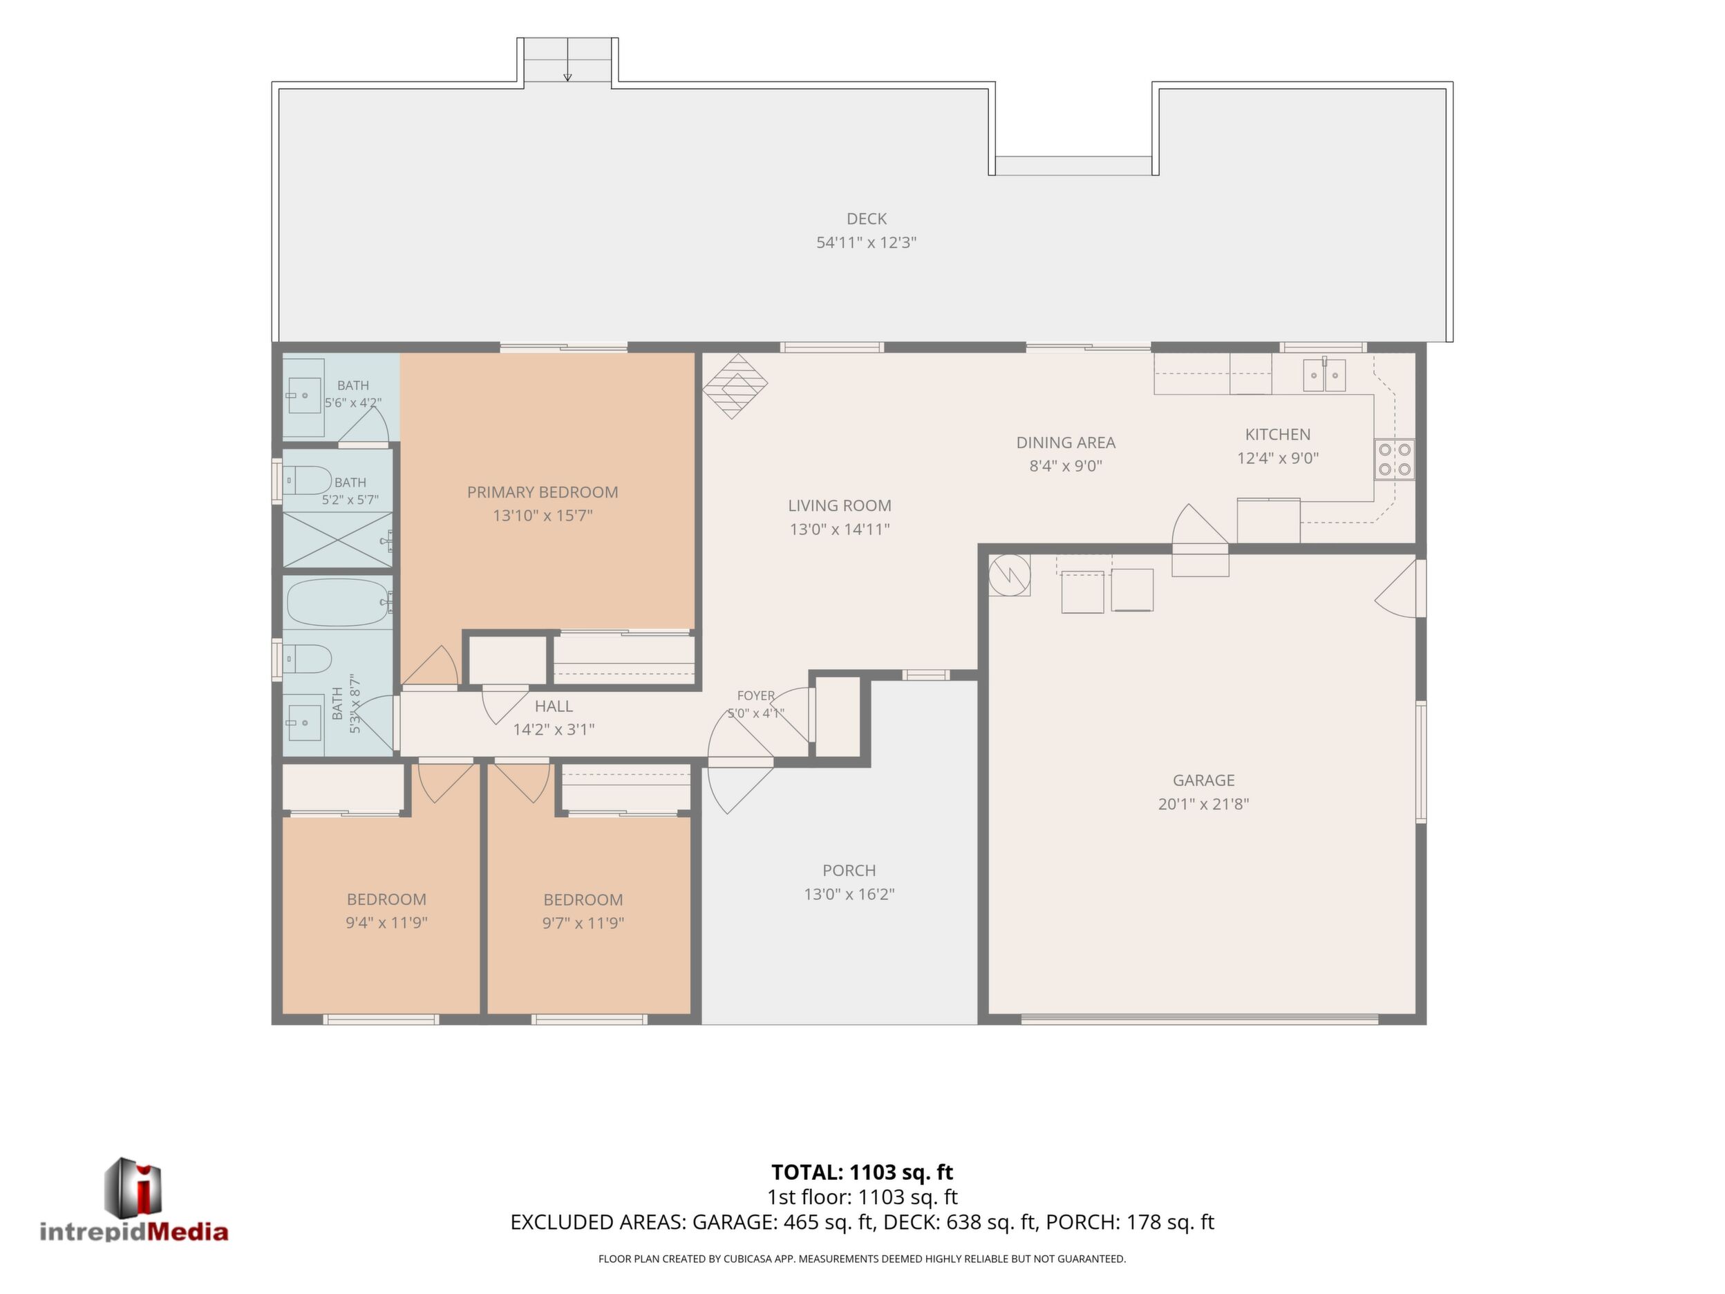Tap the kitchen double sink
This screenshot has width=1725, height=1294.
[x=1324, y=375]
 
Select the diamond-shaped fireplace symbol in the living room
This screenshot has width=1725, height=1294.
[x=735, y=386]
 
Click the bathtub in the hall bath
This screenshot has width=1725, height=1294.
[x=338, y=602]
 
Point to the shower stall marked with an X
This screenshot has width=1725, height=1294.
[x=338, y=539]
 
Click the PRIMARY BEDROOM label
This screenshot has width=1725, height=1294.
[x=543, y=492]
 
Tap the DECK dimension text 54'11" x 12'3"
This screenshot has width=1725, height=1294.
[x=867, y=243]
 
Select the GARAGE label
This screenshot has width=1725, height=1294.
[x=1203, y=780]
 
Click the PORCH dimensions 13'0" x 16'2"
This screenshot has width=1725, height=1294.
[x=849, y=894]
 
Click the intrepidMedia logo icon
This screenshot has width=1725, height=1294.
[x=133, y=1187]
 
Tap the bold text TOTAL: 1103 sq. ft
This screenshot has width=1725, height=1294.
[x=862, y=1172]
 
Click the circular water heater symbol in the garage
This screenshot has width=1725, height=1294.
[x=1009, y=576]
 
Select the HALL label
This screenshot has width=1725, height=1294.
[x=554, y=706]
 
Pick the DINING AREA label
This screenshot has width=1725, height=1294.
[x=1065, y=442]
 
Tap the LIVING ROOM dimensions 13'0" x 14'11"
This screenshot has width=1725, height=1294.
[x=840, y=529]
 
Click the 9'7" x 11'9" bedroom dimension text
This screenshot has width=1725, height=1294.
[x=583, y=923]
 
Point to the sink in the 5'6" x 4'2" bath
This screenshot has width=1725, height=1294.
[x=304, y=396]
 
